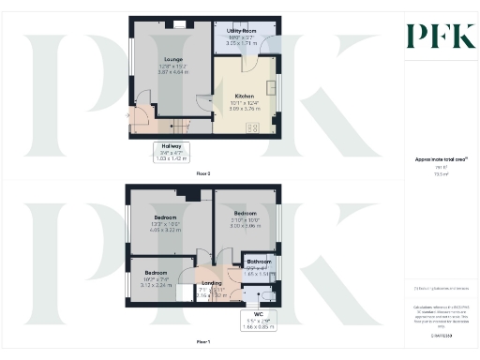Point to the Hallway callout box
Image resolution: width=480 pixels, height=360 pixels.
point(171,152)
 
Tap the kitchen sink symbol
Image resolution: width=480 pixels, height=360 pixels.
point(272,89)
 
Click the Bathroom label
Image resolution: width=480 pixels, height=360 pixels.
point(259,264)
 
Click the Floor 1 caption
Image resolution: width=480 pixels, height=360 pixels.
point(202,342)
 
